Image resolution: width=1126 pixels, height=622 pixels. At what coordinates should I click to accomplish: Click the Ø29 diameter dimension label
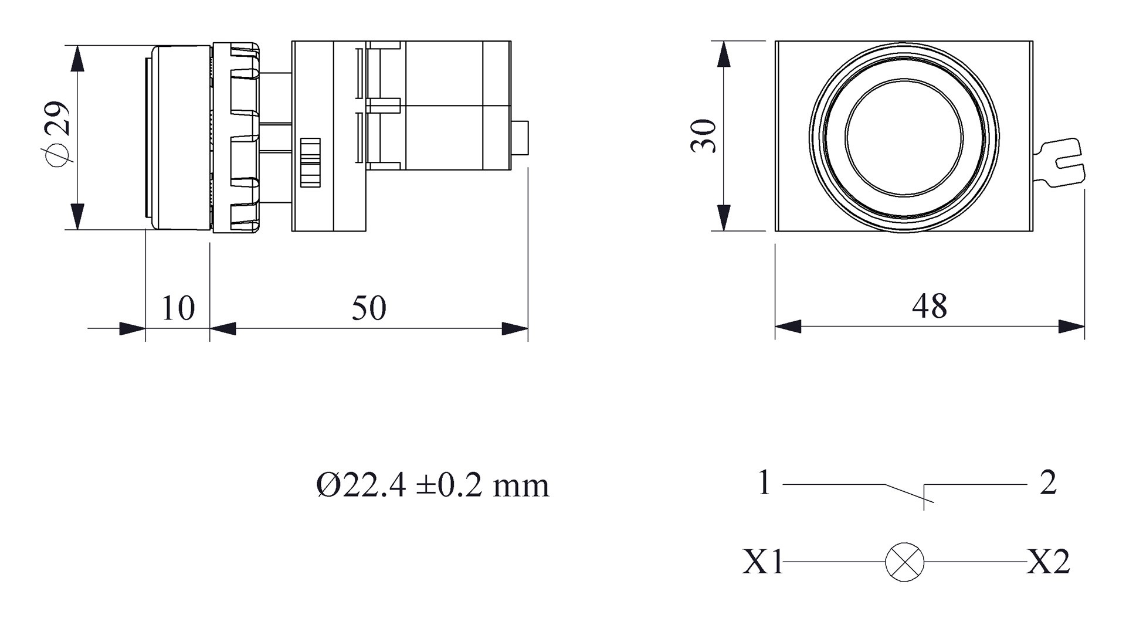(x=57, y=134)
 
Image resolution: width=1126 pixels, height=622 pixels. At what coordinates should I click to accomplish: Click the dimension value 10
(x=177, y=308)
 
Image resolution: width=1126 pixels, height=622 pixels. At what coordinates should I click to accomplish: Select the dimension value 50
(x=369, y=308)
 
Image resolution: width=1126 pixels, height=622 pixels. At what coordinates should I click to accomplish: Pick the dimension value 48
(x=930, y=306)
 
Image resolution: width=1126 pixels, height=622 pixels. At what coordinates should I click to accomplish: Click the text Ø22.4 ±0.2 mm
(x=433, y=485)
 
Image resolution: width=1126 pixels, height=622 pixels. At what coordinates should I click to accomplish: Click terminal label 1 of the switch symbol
(x=764, y=483)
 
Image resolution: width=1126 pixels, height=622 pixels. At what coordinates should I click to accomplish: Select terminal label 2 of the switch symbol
(x=1047, y=483)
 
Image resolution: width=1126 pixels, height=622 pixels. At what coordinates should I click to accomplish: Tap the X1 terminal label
(x=762, y=562)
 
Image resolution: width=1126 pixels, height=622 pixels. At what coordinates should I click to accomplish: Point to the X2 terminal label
(x=1049, y=562)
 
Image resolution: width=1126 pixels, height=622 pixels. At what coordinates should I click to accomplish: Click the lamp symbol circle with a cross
(x=904, y=562)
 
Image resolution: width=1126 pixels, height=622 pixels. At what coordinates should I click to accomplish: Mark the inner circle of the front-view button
(x=904, y=137)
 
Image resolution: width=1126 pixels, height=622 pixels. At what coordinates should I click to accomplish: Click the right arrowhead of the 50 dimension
(x=515, y=329)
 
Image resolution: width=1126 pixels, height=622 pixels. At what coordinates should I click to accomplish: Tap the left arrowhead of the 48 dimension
(x=788, y=327)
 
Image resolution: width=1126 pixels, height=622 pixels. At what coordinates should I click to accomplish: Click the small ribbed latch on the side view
(x=310, y=162)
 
